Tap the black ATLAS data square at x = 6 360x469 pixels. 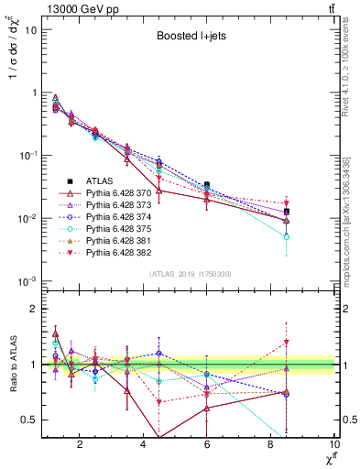(207, 185)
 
